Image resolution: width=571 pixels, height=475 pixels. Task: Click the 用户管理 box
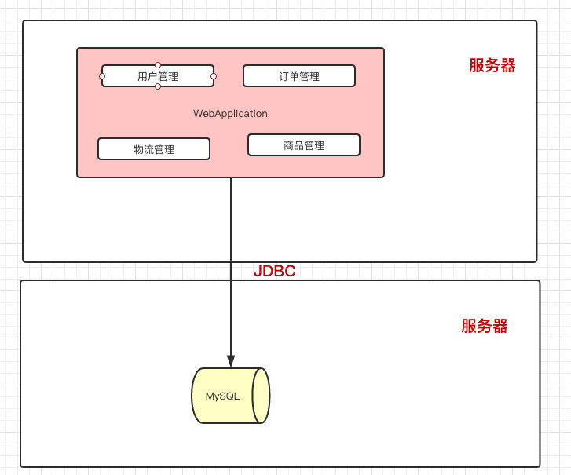pos(158,76)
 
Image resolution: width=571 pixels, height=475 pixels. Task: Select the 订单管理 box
pos(298,76)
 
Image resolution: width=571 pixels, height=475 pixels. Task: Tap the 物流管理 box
pos(154,149)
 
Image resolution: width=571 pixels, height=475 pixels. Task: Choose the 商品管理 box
pos(304,145)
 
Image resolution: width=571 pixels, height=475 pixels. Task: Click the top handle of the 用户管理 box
pos(158,65)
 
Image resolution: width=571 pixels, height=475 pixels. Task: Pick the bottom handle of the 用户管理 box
pos(158,86)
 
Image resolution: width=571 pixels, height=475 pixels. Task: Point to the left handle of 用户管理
pos(102,76)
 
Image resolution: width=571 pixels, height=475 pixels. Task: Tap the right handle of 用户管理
pos(214,76)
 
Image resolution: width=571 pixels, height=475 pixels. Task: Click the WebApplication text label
pos(230,114)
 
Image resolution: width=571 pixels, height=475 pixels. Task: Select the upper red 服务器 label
pos(492,66)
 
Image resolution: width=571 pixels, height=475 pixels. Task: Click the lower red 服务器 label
pos(485,327)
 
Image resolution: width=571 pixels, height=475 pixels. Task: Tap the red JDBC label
pos(274,272)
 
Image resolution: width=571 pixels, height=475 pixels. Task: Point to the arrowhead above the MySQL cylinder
pos(231,360)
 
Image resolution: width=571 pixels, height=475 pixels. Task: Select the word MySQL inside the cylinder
pos(222,396)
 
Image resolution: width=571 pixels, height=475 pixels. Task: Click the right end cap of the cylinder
pos(262,396)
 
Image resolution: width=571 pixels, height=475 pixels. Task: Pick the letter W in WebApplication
pos(198,114)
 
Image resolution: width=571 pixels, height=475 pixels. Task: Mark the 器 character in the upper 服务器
pos(508,66)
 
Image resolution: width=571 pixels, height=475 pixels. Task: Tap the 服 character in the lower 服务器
pos(469,327)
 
